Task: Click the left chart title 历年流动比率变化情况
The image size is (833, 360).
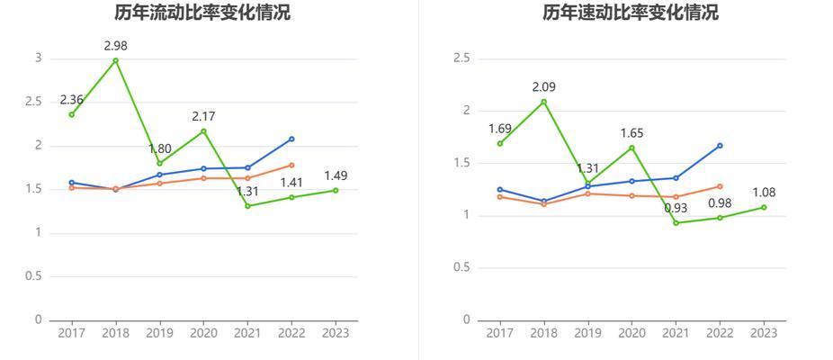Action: pyautogui.click(x=202, y=13)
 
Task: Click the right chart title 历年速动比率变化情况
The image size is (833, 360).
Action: pyautogui.click(x=631, y=13)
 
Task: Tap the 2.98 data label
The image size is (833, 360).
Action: pyautogui.click(x=116, y=45)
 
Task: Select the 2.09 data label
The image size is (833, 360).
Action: pyautogui.click(x=544, y=86)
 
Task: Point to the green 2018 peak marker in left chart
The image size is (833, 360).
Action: pyautogui.click(x=116, y=60)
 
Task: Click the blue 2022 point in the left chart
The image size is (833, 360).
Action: pyautogui.click(x=291, y=139)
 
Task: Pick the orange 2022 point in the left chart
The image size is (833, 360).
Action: pyautogui.click(x=291, y=165)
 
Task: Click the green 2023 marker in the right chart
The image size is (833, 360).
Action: pyautogui.click(x=764, y=207)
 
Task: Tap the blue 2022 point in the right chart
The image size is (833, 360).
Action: pyautogui.click(x=720, y=145)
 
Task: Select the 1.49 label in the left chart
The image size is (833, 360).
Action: pyautogui.click(x=336, y=175)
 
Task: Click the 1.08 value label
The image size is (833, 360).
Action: pyautogui.click(x=764, y=193)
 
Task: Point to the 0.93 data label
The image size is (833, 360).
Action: pyautogui.click(x=676, y=208)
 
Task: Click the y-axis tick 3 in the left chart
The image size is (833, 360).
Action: pyautogui.click(x=38, y=58)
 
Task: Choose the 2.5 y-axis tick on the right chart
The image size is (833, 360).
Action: pyautogui.click(x=461, y=58)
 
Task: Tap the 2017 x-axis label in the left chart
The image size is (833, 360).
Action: pyautogui.click(x=72, y=333)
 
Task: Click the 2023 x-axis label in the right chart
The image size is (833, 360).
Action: pyautogui.click(x=764, y=333)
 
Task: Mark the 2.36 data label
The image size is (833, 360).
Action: pyautogui.click(x=72, y=99)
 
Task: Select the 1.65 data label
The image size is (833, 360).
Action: pyautogui.click(x=632, y=133)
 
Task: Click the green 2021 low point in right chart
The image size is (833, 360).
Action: pyautogui.click(x=676, y=222)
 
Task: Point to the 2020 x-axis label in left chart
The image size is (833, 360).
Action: pyautogui.click(x=203, y=333)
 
